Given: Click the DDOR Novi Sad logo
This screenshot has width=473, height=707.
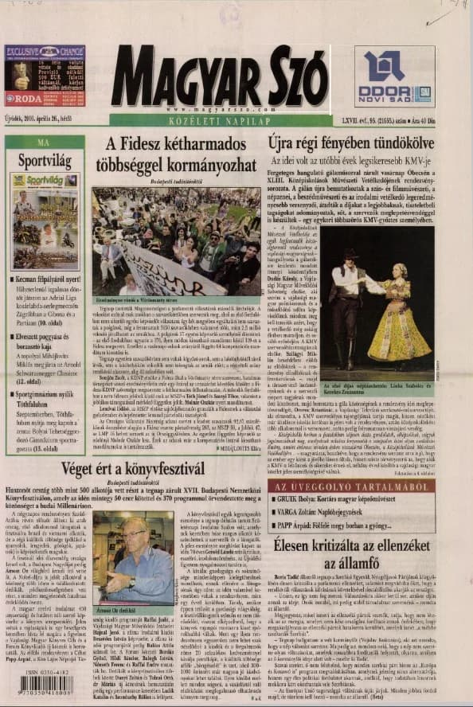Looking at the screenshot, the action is tap(395, 76).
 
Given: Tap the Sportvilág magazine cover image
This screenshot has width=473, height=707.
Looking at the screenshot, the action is tap(45, 221).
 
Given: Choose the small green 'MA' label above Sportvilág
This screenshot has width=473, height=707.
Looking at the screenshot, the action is tap(44, 141).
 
